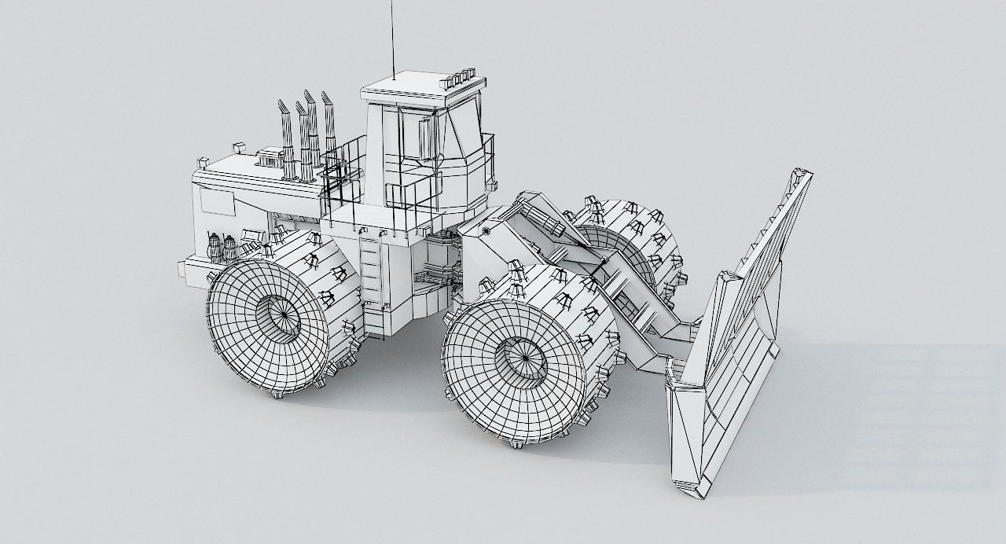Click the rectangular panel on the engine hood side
pyautogui.click(x=217, y=201)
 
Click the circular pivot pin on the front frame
pyautogui.click(x=488, y=231)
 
